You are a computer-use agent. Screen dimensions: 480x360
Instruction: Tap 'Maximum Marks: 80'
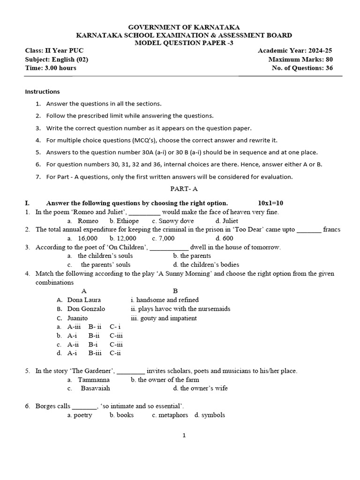[300, 60]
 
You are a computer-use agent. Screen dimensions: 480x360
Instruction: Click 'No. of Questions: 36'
[302, 68]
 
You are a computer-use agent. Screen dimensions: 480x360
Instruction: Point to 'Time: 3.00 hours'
[50, 68]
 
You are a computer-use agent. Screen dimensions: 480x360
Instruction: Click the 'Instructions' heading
[42, 91]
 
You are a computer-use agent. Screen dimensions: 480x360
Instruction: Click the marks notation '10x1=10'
[270, 203]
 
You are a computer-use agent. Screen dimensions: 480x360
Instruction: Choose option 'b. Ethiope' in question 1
[124, 221]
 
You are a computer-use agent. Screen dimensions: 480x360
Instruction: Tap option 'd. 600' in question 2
[224, 238]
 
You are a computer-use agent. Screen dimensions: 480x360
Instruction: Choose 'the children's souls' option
[105, 256]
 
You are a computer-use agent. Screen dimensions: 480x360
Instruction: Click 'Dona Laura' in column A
[84, 300]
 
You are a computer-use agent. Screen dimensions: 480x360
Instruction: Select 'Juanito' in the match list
[77, 318]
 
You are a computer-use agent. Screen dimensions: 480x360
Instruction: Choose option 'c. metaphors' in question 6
[170, 415]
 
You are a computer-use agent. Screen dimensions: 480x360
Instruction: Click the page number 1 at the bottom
[184, 435]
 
